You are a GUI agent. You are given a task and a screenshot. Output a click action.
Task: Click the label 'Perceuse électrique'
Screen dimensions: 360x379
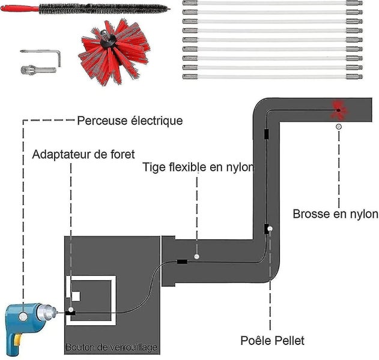[x=130, y=121]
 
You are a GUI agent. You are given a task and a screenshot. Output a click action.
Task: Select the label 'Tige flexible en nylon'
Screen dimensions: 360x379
[x=198, y=167]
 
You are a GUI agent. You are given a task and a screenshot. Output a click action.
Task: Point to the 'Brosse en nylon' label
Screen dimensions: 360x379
[x=335, y=214]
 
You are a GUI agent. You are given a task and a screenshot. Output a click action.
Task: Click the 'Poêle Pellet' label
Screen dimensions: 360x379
[x=273, y=341]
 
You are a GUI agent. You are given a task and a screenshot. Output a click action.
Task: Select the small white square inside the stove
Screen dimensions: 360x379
[x=76, y=296]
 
